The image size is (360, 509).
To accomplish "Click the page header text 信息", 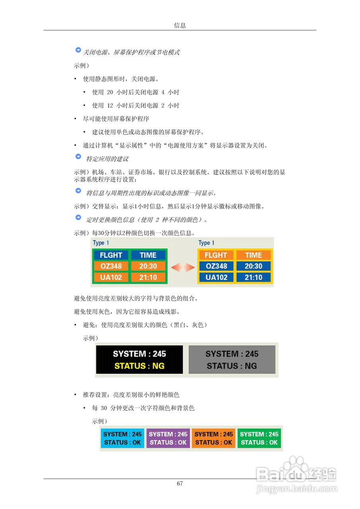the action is point(180,25).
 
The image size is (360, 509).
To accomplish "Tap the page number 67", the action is point(180,484).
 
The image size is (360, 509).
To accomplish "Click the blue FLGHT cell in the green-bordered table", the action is point(111,255).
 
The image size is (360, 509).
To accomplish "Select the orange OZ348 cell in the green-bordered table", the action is point(111,266).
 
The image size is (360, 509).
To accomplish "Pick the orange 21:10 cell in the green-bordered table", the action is point(148,277).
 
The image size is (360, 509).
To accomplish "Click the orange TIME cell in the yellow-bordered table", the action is point(253,255).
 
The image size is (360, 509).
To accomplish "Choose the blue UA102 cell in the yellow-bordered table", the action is point(216,277).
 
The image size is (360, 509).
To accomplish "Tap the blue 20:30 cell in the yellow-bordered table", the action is point(253,266).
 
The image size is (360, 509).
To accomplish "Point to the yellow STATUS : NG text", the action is point(139,366).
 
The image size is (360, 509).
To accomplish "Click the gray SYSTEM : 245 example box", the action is point(232,359).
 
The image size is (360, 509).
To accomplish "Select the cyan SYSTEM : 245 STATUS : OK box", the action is point(123,438).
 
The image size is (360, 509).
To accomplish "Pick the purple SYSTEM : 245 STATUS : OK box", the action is point(168,438).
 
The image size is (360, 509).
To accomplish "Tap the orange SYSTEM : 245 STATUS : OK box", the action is point(214,438).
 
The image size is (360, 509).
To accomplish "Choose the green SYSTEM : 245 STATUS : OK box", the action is point(259,438).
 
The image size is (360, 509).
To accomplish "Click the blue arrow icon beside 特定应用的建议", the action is point(78,157).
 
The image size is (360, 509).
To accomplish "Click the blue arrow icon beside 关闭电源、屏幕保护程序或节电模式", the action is point(78,50).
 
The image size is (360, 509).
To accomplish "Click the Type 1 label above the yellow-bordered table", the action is point(206,243).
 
